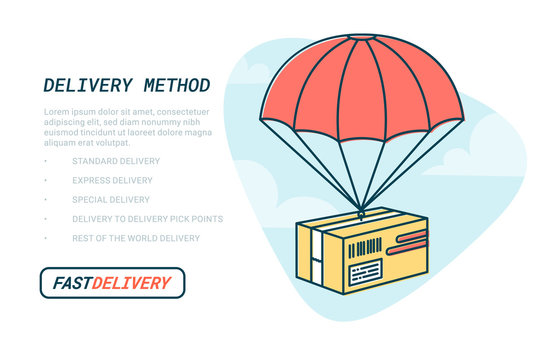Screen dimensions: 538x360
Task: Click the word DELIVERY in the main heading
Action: pos(87,85)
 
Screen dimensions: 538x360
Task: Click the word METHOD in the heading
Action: pos(174,85)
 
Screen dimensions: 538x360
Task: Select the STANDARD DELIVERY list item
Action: pos(115,161)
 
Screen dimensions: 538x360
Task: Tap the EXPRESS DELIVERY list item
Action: pos(112,180)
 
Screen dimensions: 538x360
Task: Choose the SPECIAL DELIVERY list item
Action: pos(111,199)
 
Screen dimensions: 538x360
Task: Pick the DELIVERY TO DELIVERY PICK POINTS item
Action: pos(147,219)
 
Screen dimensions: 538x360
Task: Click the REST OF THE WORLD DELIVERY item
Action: pos(136,238)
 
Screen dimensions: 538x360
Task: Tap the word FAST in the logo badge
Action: pos(71,283)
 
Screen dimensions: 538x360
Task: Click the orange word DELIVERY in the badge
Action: pos(131,283)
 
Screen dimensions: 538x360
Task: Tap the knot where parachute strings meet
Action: pos(361,211)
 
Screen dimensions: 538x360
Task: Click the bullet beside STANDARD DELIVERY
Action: pos(45,161)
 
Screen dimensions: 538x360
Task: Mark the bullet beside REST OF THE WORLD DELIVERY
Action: pos(45,238)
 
